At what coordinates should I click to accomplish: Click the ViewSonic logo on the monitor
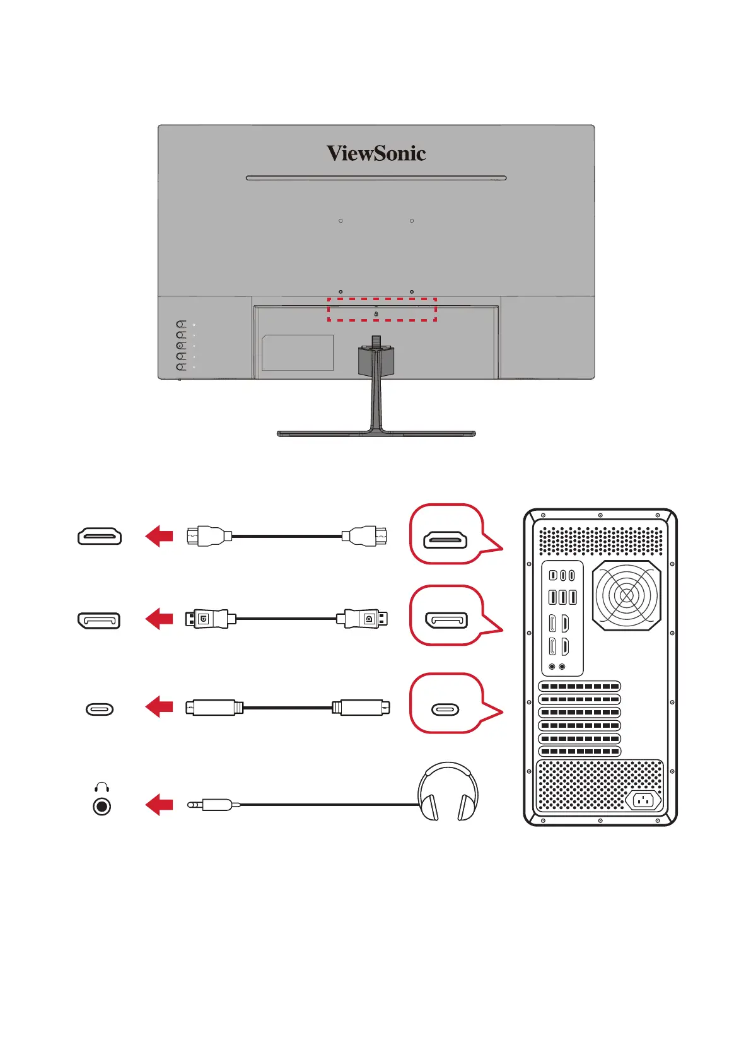(376, 153)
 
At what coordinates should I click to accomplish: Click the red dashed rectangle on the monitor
(381, 310)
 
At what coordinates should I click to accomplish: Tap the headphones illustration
(448, 792)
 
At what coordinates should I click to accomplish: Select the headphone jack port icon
(102, 807)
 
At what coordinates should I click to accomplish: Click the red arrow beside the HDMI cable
(159, 537)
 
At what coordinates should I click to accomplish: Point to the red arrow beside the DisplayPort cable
(159, 619)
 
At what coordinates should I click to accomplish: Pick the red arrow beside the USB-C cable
(159, 708)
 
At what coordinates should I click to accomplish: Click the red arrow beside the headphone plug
(159, 805)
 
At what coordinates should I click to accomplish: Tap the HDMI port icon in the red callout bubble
(445, 539)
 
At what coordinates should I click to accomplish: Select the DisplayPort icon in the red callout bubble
(446, 621)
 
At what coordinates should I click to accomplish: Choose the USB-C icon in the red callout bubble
(445, 709)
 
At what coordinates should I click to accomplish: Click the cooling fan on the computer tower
(627, 595)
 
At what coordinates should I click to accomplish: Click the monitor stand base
(376, 434)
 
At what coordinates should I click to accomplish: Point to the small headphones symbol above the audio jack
(102, 787)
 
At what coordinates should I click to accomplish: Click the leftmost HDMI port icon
(100, 537)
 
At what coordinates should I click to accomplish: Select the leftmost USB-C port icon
(100, 709)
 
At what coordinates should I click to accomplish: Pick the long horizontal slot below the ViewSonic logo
(376, 178)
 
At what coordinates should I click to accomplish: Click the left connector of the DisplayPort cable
(206, 619)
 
